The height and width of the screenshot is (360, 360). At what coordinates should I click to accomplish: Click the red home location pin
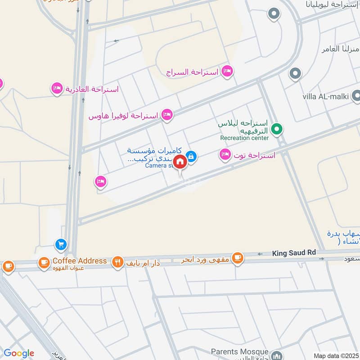pyautogui.click(x=180, y=162)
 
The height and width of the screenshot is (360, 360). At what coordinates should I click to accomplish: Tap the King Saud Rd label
pyautogui.click(x=291, y=254)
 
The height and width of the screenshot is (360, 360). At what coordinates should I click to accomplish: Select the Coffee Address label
pyautogui.click(x=80, y=261)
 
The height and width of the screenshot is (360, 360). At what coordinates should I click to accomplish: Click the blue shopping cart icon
pyautogui.click(x=61, y=244)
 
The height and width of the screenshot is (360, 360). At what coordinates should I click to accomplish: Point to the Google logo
pyautogui.click(x=18, y=353)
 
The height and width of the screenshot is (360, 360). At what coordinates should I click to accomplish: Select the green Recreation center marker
pyautogui.click(x=278, y=130)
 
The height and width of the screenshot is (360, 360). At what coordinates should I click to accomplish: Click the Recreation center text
pyautogui.click(x=244, y=138)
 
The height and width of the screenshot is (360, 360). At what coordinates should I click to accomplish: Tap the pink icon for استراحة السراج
pyautogui.click(x=228, y=71)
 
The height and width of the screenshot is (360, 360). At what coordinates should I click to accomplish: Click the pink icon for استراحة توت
pyautogui.click(x=225, y=155)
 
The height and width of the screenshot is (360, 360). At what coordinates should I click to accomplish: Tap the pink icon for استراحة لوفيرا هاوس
pyautogui.click(x=167, y=115)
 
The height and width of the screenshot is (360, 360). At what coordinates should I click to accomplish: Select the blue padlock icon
pyautogui.click(x=191, y=156)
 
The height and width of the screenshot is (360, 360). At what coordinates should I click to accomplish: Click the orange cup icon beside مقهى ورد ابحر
pyautogui.click(x=237, y=258)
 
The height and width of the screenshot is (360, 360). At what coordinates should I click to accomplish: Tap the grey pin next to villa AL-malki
pyautogui.click(x=356, y=95)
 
